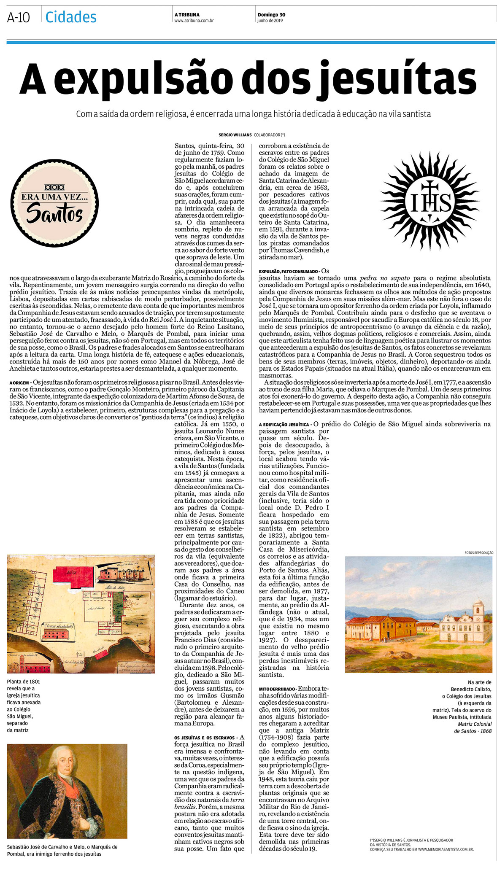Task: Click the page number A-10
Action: click(19, 18)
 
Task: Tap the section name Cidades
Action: click(71, 17)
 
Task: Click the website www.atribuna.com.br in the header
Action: click(194, 21)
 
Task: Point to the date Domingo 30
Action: click(271, 15)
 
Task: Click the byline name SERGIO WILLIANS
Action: click(235, 135)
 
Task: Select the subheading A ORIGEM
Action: click(19, 382)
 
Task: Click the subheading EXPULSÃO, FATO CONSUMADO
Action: click(289, 271)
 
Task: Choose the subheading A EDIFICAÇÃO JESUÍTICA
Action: click(284, 424)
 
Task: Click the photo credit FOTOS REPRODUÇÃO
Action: click(478, 552)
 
